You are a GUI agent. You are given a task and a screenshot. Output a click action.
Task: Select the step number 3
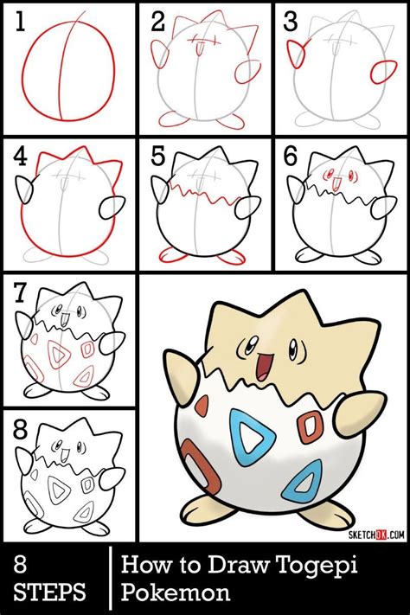pos(291,22)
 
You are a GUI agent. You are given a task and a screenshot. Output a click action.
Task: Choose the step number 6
pos(292,157)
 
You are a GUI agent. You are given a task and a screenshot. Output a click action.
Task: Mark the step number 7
pos(19,292)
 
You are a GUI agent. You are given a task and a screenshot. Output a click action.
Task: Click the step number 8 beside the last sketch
pos(19,429)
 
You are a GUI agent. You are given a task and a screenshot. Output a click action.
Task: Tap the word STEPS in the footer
pos(49,593)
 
